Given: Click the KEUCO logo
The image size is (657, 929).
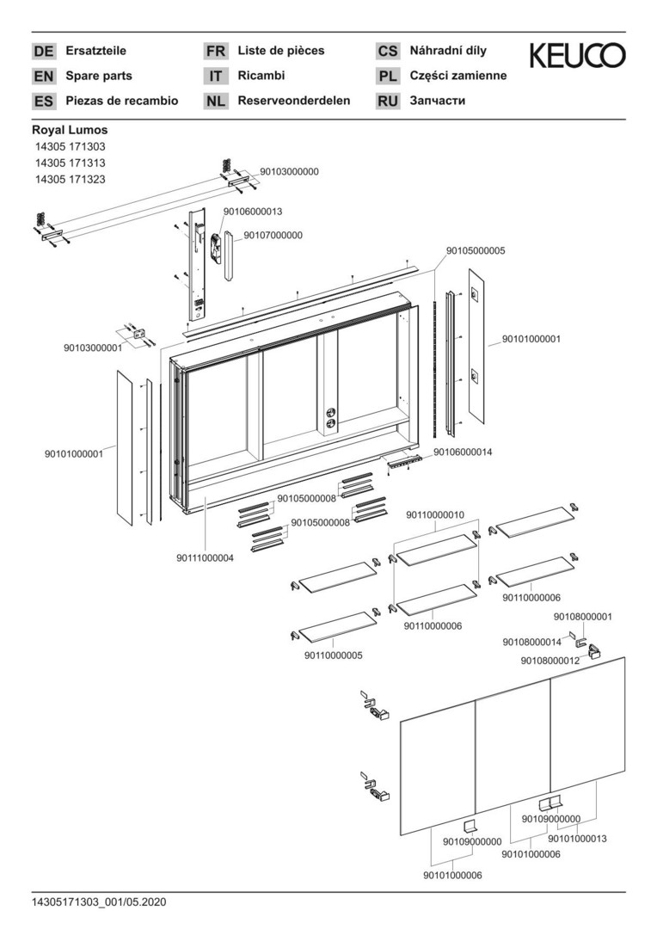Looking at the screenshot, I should tap(577, 57).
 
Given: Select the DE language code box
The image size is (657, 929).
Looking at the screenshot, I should tap(43, 52).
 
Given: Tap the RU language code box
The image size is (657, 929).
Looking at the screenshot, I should tap(388, 102).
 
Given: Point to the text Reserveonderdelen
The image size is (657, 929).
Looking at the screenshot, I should tap(294, 101).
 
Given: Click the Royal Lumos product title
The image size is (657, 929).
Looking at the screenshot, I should tap(70, 130).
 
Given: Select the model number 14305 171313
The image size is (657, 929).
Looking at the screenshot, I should tap(71, 163).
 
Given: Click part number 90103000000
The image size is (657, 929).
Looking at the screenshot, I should tap(289, 171).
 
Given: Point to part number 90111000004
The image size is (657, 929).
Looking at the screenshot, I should tap(205, 558).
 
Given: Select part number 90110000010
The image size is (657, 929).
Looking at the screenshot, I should tap(435, 514).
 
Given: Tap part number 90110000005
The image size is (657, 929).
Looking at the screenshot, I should tap(333, 655).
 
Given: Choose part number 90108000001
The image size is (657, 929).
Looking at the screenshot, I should tap(583, 617).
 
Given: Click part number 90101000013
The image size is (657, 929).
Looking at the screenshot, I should tap(578, 838).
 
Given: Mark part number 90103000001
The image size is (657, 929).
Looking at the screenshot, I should tap(93, 348).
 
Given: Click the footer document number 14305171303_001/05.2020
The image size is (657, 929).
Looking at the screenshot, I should tap(99, 902).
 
